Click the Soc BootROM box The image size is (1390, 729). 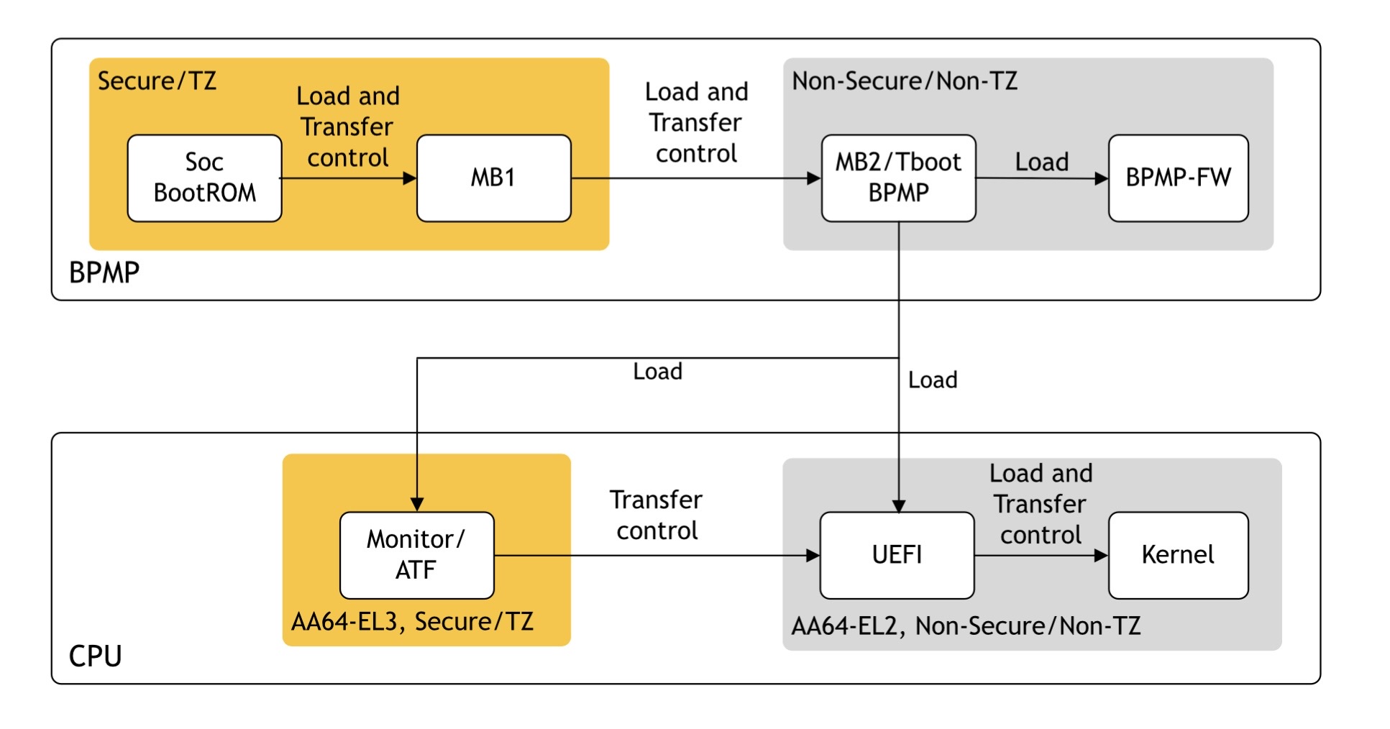[x=204, y=178]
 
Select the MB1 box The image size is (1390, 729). [x=494, y=178]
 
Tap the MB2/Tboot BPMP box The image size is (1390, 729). [x=899, y=178]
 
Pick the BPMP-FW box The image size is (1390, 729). [x=1179, y=178]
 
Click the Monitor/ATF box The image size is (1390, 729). [x=417, y=555]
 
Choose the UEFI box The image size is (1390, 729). [x=897, y=555]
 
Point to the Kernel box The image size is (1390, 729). [x=1179, y=555]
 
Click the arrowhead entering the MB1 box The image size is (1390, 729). [x=410, y=178]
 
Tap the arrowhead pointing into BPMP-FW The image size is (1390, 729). [x=1102, y=178]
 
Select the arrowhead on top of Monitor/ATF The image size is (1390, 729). [x=417, y=505]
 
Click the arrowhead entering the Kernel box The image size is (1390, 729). [x=1101, y=555]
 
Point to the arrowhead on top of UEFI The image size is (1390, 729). [x=899, y=505]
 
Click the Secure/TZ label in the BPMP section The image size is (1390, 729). [x=157, y=81]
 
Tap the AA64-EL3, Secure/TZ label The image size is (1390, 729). [x=412, y=621]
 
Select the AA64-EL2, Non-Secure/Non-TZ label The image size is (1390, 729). [x=966, y=625]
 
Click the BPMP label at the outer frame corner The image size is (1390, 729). [x=104, y=272]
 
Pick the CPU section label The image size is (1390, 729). [x=95, y=656]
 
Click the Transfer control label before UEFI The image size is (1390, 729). [x=657, y=515]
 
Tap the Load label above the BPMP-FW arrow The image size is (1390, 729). [x=1042, y=162]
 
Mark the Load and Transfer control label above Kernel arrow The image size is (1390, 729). [x=1041, y=504]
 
